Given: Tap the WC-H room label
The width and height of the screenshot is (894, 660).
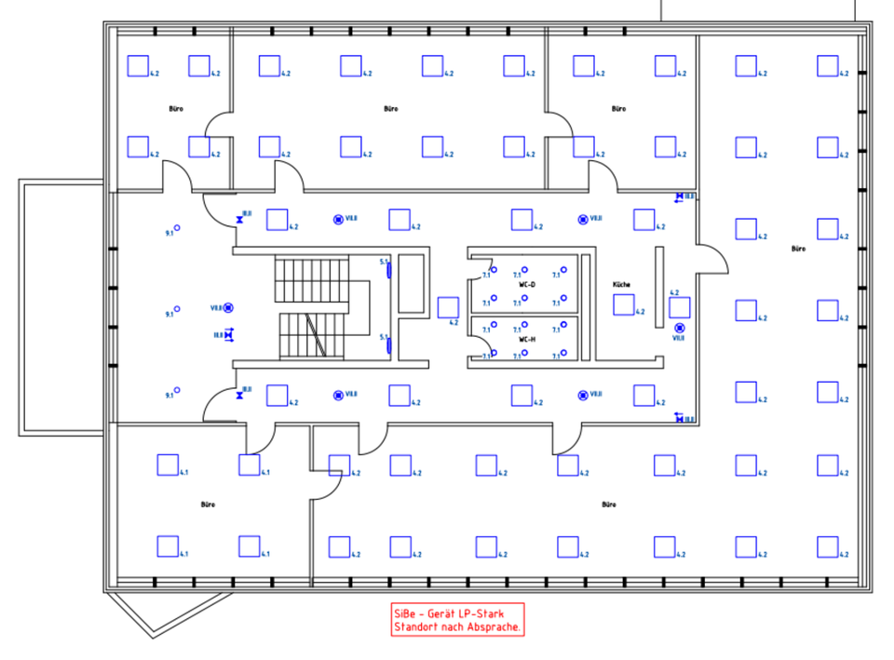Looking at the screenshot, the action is [526, 340].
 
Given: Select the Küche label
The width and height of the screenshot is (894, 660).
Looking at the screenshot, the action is [621, 283].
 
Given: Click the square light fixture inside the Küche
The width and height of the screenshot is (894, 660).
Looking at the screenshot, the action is [623, 304].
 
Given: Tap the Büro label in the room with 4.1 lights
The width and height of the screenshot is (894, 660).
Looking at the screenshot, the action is [208, 504].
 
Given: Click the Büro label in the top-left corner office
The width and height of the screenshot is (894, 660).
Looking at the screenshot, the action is [176, 109].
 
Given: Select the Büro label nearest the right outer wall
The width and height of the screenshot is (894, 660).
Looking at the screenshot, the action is [798, 249].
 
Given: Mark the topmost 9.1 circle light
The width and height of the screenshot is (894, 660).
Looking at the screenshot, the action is [177, 228].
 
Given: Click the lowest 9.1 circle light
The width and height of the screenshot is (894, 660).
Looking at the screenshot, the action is [177, 390].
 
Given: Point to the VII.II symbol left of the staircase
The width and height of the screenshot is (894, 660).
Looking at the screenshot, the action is [228, 307].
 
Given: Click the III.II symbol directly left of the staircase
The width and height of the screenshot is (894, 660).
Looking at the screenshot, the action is [228, 334].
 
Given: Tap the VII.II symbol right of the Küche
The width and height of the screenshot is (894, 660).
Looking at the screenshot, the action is [679, 328].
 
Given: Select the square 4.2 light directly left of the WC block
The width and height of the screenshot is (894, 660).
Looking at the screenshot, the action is [447, 307].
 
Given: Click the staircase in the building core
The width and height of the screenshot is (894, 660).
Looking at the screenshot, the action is [313, 307].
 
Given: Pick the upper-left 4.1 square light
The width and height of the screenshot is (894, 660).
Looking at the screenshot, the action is [168, 464].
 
